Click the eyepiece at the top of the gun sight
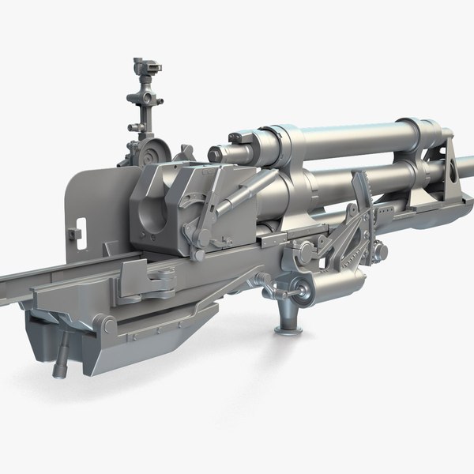(141, 63)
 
